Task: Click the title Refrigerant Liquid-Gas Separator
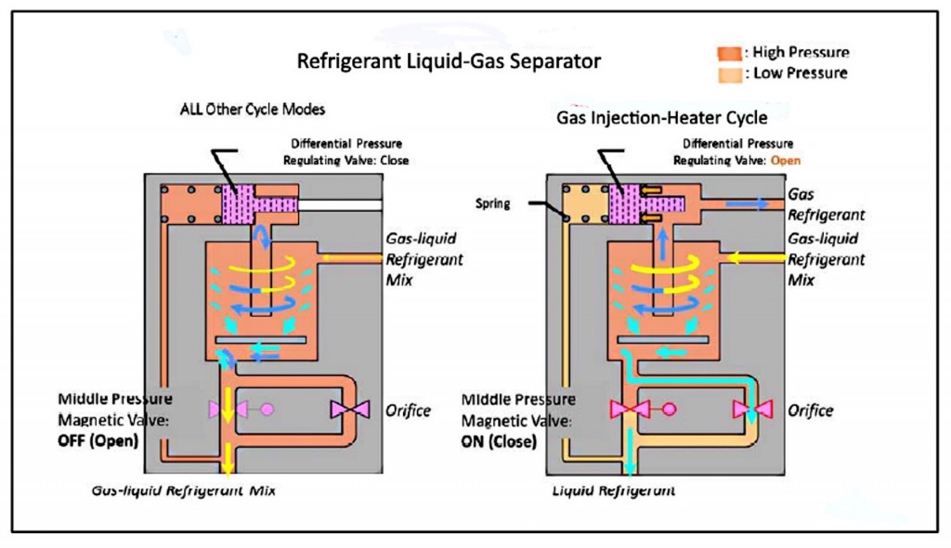point(449,62)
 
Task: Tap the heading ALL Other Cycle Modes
point(253,110)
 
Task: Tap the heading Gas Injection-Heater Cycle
point(662,118)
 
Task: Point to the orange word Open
point(785,160)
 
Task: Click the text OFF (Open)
point(98,440)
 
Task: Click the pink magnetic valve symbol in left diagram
point(228,409)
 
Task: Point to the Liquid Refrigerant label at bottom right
point(614,489)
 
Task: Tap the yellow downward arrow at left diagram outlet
point(228,457)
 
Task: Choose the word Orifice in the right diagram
point(811,410)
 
